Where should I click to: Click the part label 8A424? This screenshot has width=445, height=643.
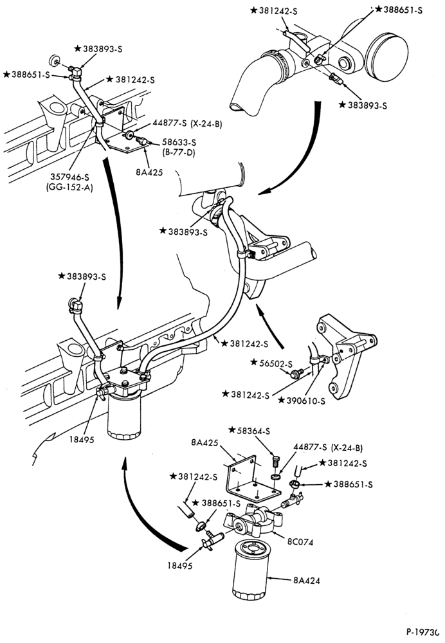(x=306, y=580)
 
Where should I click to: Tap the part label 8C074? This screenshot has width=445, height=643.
(x=300, y=541)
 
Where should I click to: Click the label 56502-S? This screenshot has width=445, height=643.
(x=277, y=363)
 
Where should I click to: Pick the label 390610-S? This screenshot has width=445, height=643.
(x=305, y=401)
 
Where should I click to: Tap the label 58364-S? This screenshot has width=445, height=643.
(x=253, y=431)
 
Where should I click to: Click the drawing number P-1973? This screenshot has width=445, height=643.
(x=424, y=632)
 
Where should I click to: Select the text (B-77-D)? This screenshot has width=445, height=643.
(x=178, y=153)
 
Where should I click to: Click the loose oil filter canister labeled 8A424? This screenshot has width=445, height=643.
(x=250, y=570)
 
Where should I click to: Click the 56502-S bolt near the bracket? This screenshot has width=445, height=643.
(x=295, y=374)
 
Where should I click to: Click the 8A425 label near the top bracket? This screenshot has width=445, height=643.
(x=149, y=172)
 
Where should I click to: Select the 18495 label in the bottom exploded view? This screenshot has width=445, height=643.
(x=179, y=565)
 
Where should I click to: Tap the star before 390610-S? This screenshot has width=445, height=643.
(x=282, y=400)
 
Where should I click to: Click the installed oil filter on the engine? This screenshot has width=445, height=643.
(x=124, y=416)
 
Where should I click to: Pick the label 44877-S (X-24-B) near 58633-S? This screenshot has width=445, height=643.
(x=187, y=123)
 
